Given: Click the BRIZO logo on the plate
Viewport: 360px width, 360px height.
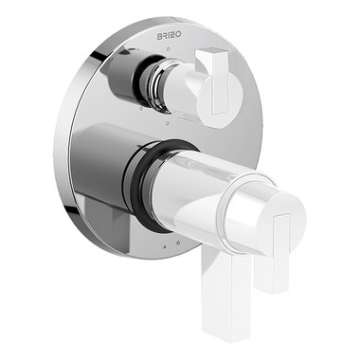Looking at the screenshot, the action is [170, 36].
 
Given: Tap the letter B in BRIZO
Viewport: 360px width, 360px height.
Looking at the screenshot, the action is [159, 36].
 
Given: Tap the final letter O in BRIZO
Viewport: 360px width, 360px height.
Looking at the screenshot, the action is [179, 35].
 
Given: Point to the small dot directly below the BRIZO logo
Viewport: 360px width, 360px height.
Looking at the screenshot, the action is [169, 49].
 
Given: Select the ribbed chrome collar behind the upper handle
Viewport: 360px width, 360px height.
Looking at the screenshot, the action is [155, 84].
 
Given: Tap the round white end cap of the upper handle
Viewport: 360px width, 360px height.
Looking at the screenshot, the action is [221, 98].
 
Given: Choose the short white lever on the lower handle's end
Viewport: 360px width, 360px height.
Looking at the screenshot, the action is [274, 253].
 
